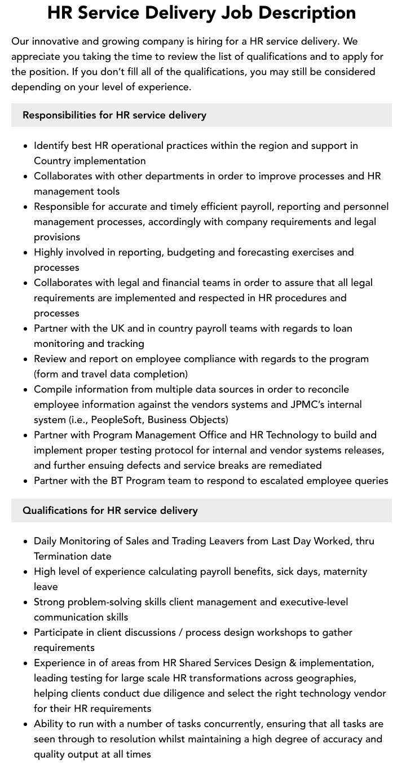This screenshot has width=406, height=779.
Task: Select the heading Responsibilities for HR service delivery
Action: [x=114, y=115]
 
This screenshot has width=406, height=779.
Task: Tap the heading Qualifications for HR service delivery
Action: [x=110, y=510]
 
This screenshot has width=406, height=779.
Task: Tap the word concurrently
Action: [x=222, y=724]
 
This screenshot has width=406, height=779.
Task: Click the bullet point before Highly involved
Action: [x=26, y=253]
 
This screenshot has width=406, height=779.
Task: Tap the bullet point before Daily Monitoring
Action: [x=26, y=542]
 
